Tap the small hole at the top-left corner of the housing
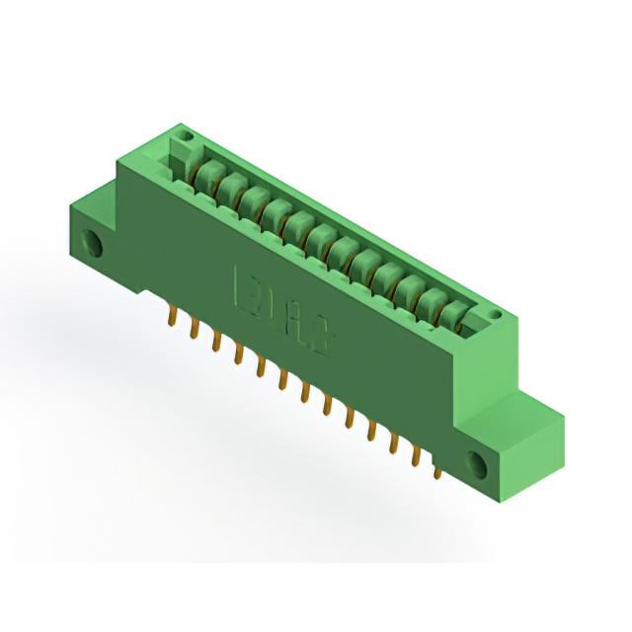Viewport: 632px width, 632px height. pyautogui.click(x=181, y=131)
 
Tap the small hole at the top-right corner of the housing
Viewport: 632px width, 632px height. pyautogui.click(x=495, y=317)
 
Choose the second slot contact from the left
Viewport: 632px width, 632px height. pyautogui.click(x=230, y=189)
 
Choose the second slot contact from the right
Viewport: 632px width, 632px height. pyautogui.click(x=431, y=301)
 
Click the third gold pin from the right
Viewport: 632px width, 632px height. pyautogui.click(x=394, y=443)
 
